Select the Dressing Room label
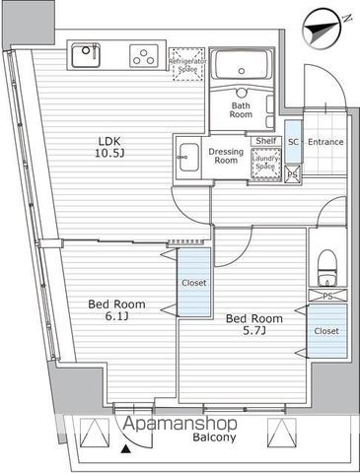(x=226, y=155)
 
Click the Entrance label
(x=324, y=142)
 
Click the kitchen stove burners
(x=145, y=54)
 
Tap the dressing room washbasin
(x=186, y=155)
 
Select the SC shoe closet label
(x=293, y=142)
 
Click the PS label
(x=326, y=296)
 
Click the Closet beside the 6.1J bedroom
(x=194, y=283)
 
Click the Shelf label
(x=264, y=141)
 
